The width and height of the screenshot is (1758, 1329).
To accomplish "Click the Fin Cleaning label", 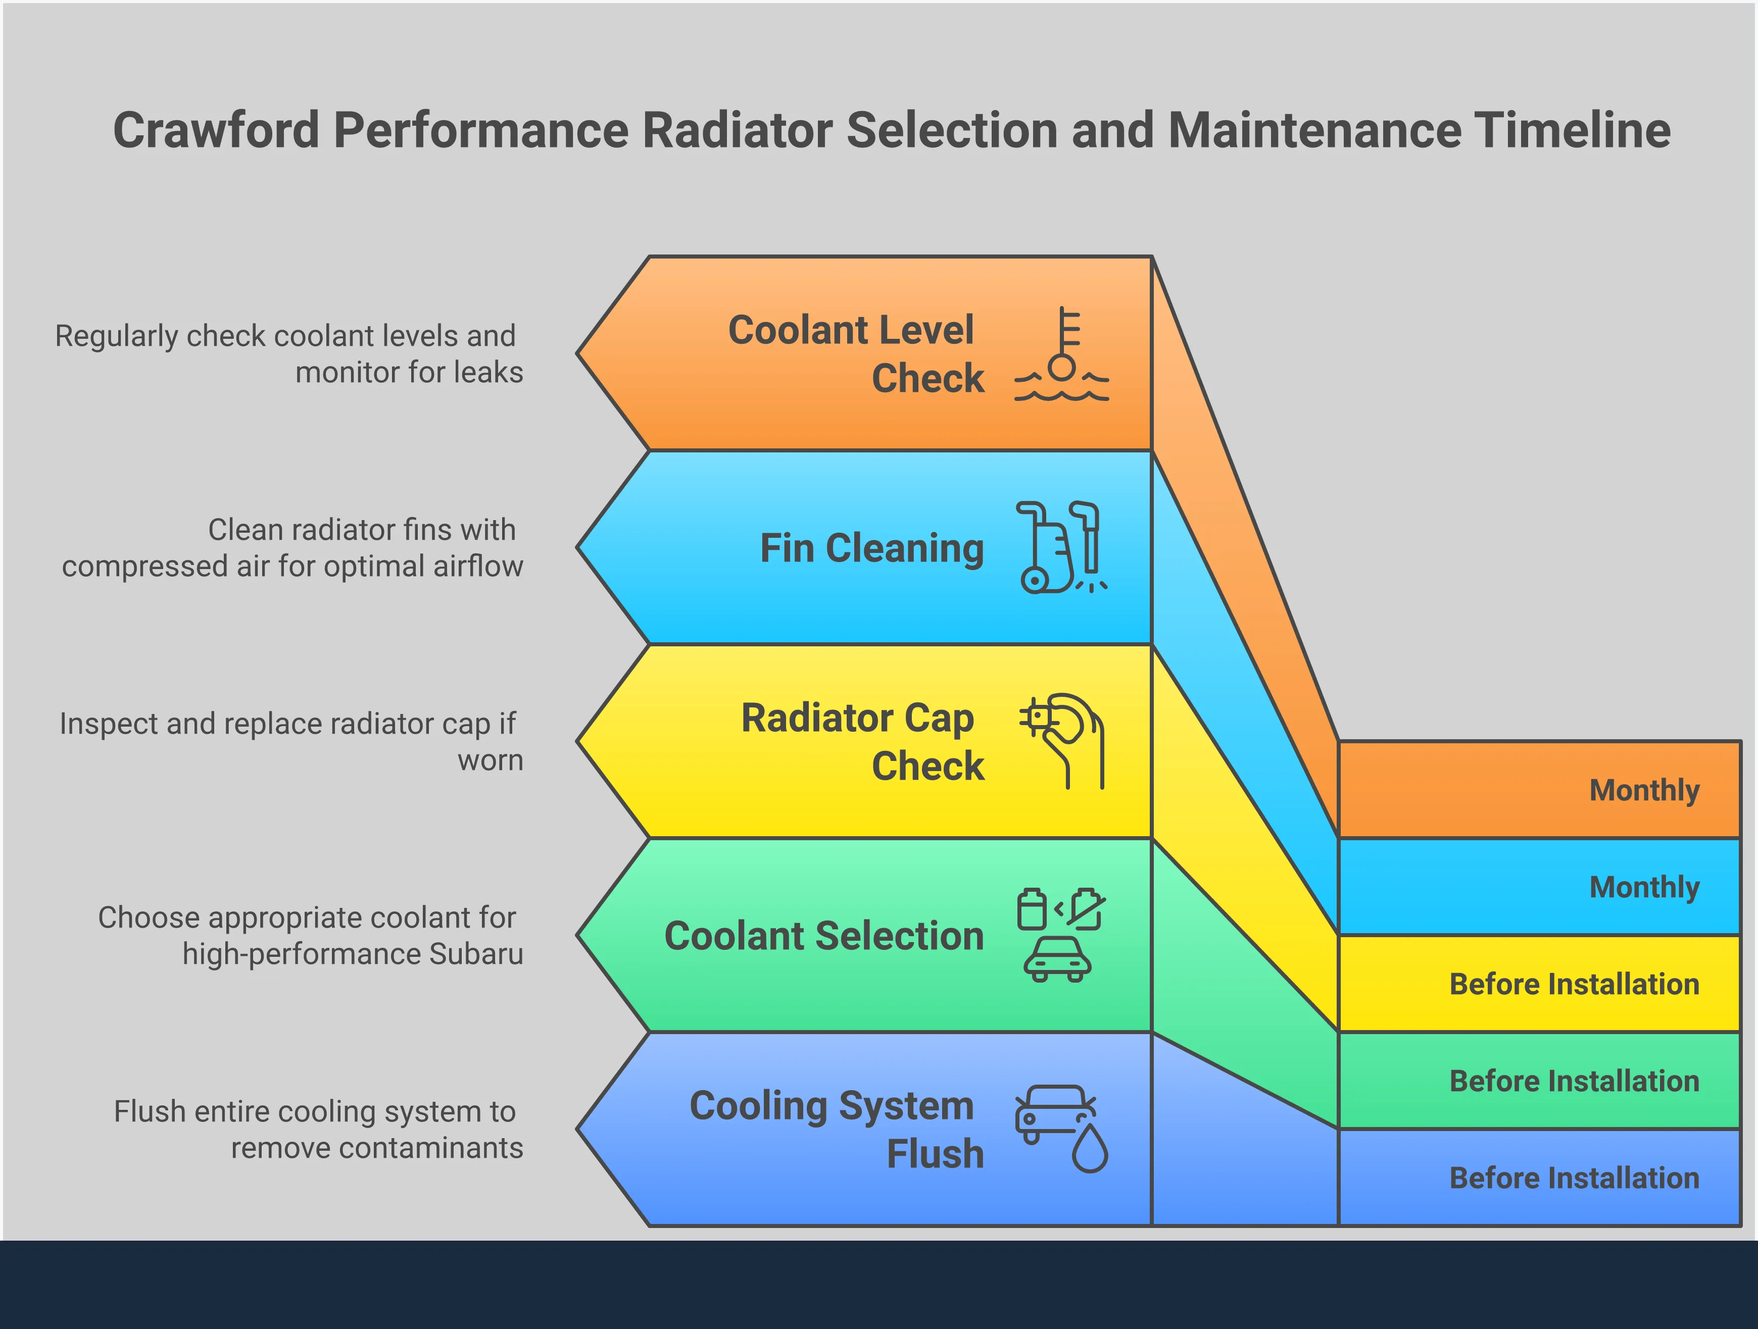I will point(872,548).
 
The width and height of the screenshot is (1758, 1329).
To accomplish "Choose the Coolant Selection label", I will point(824,936).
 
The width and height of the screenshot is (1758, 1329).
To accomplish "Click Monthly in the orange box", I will point(1643,790).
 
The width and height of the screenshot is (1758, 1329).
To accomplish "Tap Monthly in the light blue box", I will point(1643,887).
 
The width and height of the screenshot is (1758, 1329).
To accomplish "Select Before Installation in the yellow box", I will point(1574,984).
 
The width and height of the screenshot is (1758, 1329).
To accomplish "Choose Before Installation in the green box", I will point(1574,1081).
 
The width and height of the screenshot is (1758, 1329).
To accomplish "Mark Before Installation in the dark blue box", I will point(1574,1178).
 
